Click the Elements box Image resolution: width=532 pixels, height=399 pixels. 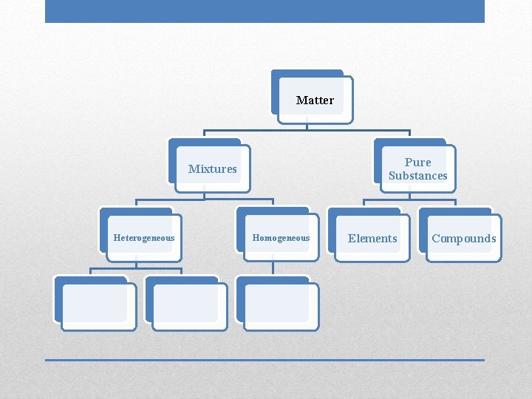tap(372, 237)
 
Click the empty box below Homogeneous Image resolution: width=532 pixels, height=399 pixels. tap(280, 306)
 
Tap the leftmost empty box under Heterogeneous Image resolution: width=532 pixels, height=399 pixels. tap(98, 306)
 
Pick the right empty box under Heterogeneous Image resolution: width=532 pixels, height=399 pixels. tap(189, 306)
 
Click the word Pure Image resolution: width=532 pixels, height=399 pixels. tap(417, 162)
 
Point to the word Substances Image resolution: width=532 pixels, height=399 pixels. tap(417, 176)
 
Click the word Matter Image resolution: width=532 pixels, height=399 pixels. tap(315, 100)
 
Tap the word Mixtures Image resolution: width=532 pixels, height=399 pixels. tap(213, 168)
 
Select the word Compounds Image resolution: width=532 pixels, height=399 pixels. tap(464, 238)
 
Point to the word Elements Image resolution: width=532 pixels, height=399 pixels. tap(372, 238)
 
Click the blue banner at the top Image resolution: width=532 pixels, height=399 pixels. tap(265, 11)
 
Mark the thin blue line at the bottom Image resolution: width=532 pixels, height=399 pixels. tap(265, 360)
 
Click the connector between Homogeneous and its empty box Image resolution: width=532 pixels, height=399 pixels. tap(273, 267)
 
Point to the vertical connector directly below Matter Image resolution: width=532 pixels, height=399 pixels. tap(307, 126)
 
